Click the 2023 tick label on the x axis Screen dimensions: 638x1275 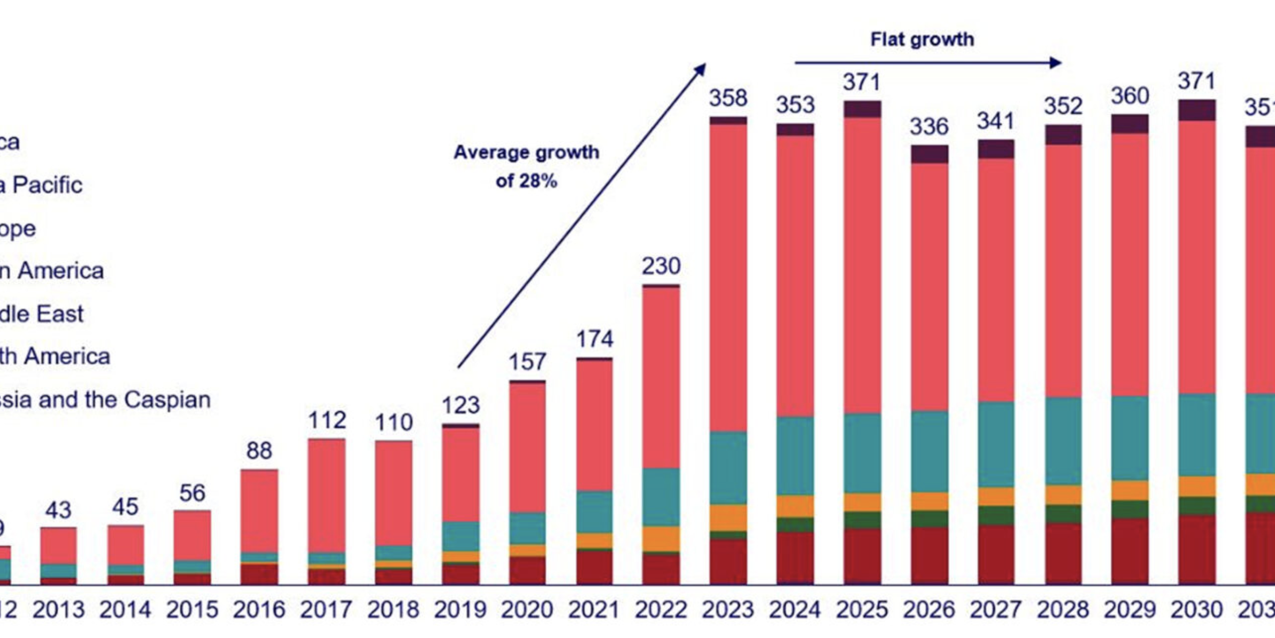(x=728, y=610)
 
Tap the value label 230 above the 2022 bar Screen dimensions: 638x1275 (x=661, y=266)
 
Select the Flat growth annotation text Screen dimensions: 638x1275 (x=922, y=40)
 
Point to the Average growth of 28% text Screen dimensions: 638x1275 (x=526, y=166)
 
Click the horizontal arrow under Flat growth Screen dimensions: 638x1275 (x=927, y=63)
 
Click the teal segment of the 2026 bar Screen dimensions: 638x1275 (x=930, y=451)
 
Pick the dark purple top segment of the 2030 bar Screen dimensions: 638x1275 (x=1197, y=110)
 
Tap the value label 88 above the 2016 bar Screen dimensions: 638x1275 (x=259, y=451)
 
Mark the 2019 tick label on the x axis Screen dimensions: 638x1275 (x=460, y=610)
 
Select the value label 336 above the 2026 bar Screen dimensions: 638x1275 (x=929, y=127)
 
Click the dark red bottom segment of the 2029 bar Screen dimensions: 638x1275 (x=1130, y=551)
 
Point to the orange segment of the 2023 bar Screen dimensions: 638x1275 (x=728, y=518)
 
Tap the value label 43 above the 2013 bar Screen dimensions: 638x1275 (x=58, y=511)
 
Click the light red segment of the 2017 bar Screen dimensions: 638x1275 (x=326, y=495)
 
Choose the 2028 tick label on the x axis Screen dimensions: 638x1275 (x=1063, y=610)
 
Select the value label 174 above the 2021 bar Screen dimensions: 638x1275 (x=594, y=339)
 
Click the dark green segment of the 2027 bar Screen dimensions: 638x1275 (x=996, y=515)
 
